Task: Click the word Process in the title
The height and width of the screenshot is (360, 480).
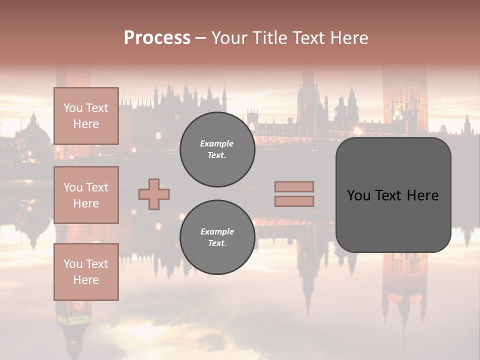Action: click(157, 38)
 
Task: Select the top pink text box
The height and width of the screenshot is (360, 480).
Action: click(86, 116)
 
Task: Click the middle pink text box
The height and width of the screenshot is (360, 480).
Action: click(86, 195)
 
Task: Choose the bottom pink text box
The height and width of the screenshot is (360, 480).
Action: click(86, 272)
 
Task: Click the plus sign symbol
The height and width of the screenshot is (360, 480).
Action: click(154, 194)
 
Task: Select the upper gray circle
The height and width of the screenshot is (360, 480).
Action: click(217, 149)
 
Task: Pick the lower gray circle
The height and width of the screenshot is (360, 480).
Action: click(217, 237)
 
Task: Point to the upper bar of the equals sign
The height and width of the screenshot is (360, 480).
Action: click(294, 186)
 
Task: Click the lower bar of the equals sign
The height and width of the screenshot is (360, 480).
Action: click(294, 201)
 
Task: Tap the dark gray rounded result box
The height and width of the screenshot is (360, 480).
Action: click(393, 220)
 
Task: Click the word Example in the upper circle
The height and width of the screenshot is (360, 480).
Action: click(216, 143)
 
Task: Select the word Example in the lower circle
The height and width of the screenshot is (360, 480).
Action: click(217, 231)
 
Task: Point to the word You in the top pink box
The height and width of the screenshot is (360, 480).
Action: click(72, 108)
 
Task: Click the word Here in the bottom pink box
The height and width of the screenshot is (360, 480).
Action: click(86, 280)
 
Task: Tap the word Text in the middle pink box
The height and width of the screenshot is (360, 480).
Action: click(96, 187)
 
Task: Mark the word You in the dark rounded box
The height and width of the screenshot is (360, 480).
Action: click(358, 195)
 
